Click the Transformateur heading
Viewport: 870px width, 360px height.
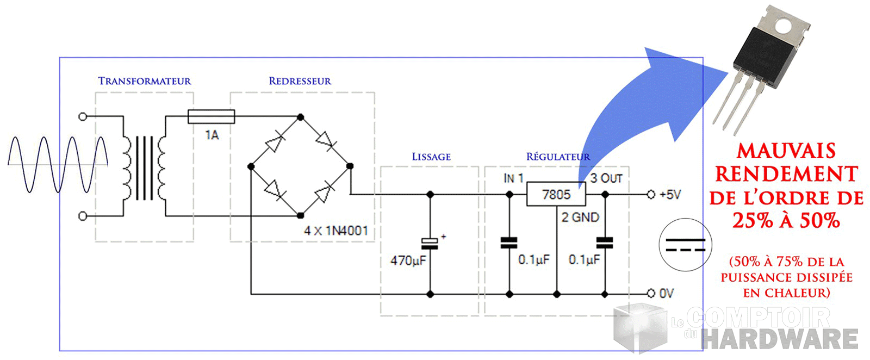pyautogui.click(x=145, y=81)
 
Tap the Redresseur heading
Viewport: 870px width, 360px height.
pyautogui.click(x=300, y=81)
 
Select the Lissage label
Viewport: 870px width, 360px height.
pyautogui.click(x=431, y=157)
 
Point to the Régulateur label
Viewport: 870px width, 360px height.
pyautogui.click(x=558, y=157)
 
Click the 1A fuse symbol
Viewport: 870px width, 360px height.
pyautogui.click(x=211, y=116)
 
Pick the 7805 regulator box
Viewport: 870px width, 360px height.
pyautogui.click(x=556, y=194)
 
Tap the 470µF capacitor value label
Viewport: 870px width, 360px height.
pyautogui.click(x=408, y=260)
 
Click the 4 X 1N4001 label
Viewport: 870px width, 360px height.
pyautogui.click(x=335, y=231)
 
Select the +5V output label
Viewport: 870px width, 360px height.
pyautogui.click(x=670, y=194)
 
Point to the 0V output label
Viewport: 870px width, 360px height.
pyautogui.click(x=666, y=294)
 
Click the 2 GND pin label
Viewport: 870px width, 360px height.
pyautogui.click(x=580, y=218)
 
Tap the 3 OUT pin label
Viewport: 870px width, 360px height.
pyautogui.click(x=606, y=178)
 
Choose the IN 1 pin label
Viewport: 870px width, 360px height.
pyautogui.click(x=513, y=178)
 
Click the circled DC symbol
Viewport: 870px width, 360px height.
pyautogui.click(x=685, y=245)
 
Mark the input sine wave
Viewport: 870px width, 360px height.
pyautogui.click(x=57, y=164)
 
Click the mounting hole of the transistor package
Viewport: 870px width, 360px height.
pyautogui.click(x=784, y=24)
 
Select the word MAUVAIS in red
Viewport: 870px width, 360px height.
pyautogui.click(x=786, y=151)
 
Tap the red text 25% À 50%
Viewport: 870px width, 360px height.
pyautogui.click(x=786, y=220)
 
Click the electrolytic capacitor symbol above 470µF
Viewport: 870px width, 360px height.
pyautogui.click(x=430, y=243)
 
